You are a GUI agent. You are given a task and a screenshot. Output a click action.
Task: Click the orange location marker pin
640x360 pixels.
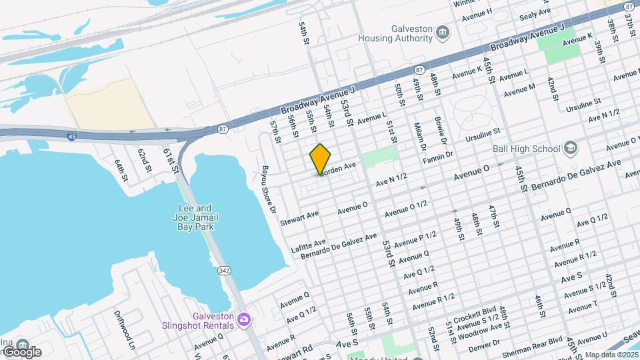coord(320,159)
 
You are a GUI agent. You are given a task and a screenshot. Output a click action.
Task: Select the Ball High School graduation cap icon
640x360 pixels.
coord(570,147)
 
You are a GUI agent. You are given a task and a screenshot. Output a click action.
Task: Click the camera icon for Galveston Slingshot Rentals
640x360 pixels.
coord(244,320)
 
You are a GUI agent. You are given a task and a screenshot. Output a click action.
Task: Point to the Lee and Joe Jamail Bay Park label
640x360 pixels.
coord(193,217)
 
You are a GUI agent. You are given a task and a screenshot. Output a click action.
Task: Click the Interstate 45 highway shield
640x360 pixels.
coord(71,137)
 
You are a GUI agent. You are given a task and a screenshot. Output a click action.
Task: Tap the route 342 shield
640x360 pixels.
coord(224,271)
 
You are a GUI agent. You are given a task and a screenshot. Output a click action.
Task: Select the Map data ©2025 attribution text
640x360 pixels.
coord(612,354)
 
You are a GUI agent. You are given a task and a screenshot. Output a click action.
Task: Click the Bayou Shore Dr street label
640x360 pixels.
coord(269,189)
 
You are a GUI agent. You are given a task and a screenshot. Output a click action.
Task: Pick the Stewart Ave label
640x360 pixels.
coord(300,217)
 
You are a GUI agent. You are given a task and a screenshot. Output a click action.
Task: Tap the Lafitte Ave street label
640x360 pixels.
coord(309,245)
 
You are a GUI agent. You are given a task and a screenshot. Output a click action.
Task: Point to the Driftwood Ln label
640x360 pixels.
coord(125,329)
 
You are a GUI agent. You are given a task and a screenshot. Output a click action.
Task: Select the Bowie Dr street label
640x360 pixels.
coord(440,132)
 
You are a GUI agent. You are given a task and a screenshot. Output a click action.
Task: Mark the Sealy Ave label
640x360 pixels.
coord(535,11)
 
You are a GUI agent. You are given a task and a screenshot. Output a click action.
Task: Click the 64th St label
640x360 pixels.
coord(120,171)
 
